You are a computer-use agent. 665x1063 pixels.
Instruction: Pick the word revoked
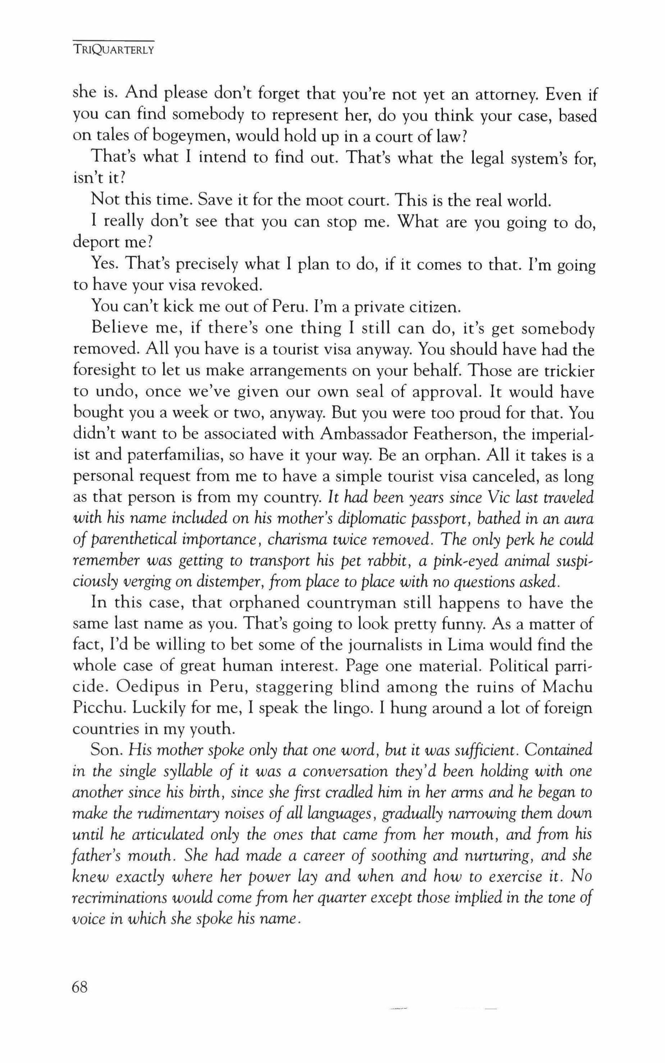tap(232, 286)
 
